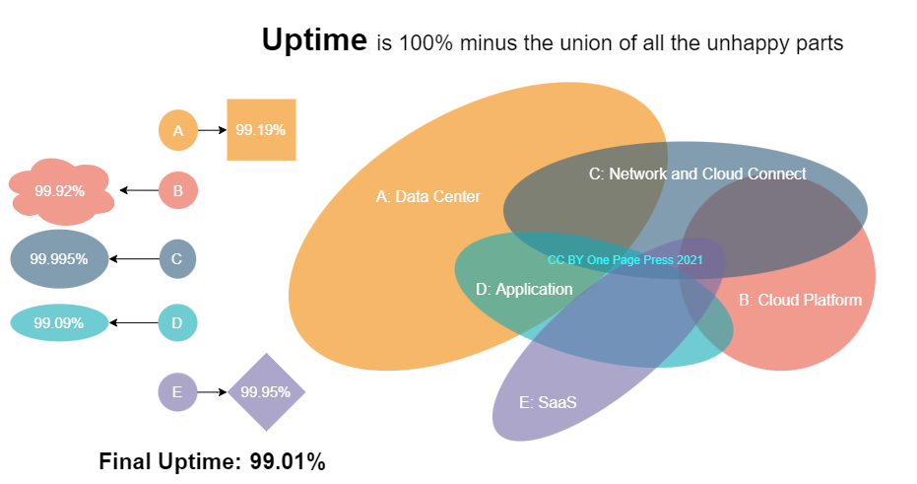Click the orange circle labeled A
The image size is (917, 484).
(178, 130)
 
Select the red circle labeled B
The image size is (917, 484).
(178, 190)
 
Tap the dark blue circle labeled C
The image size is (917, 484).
(177, 259)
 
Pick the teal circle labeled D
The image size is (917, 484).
(177, 323)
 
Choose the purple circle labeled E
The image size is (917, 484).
(177, 392)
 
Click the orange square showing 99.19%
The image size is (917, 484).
(261, 129)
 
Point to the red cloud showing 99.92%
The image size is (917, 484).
(60, 191)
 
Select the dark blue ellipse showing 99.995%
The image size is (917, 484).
(59, 259)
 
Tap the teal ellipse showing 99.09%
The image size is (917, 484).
(59, 323)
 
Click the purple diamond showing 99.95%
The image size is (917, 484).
(266, 392)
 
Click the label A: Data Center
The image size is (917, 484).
(428, 197)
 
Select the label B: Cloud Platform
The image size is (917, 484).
(800, 301)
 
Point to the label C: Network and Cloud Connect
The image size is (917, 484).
(697, 174)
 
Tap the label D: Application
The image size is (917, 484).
(524, 290)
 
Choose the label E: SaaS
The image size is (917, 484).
(548, 403)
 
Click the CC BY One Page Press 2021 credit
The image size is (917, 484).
(625, 259)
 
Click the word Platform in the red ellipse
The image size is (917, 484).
(832, 301)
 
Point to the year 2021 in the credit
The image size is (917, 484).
(688, 259)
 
